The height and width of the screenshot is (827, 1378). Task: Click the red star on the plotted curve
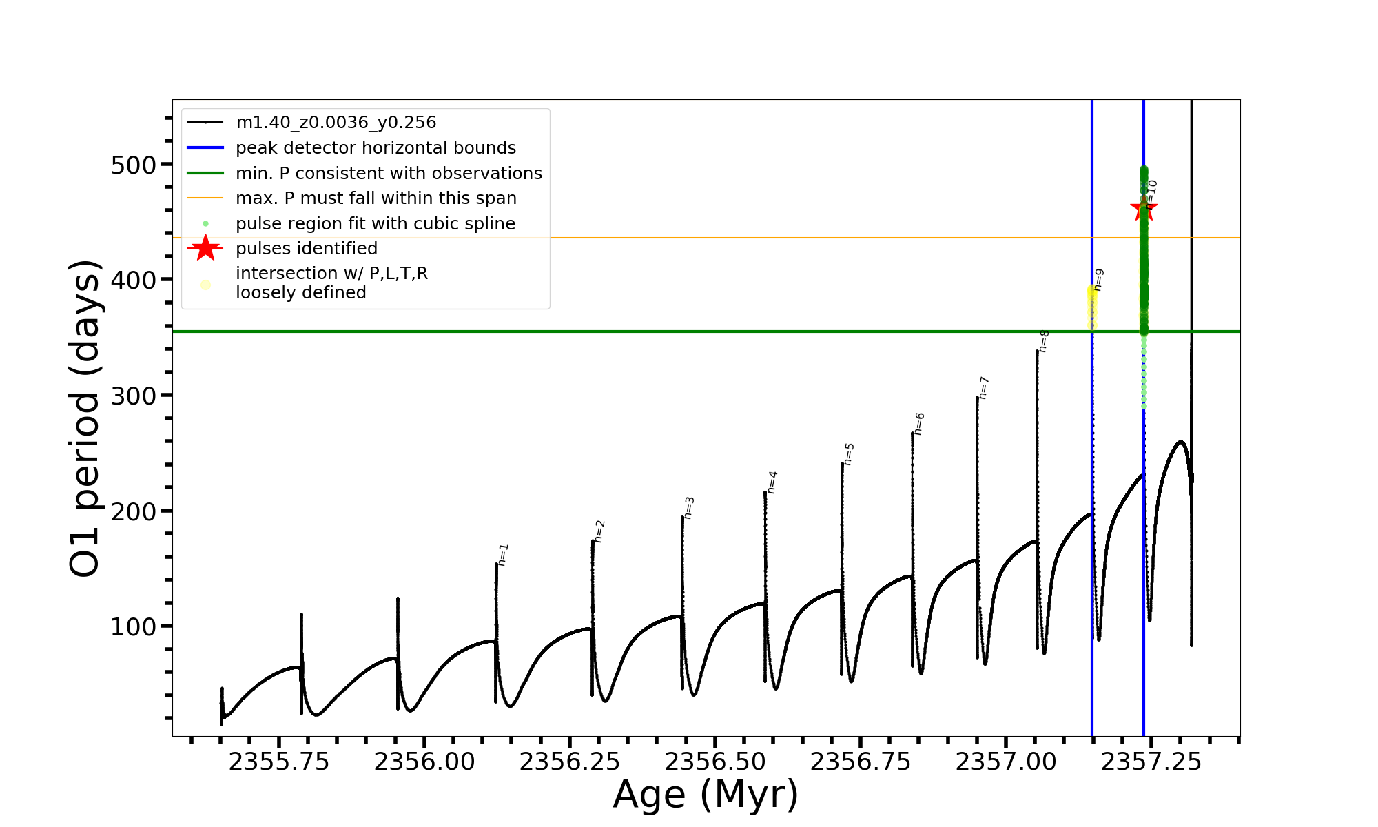click(1144, 209)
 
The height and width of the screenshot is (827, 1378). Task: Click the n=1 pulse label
click(503, 555)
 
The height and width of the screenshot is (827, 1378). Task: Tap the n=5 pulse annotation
click(850, 454)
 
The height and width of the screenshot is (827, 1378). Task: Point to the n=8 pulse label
click(1044, 341)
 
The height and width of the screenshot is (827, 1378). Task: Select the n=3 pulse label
click(689, 508)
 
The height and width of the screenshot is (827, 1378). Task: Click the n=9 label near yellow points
click(1099, 280)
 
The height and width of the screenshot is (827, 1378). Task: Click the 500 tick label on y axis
click(134, 165)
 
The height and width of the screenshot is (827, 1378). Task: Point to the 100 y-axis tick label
click(134, 627)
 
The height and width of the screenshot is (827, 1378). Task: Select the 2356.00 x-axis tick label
click(424, 762)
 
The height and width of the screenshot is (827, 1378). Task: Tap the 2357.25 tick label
click(1151, 762)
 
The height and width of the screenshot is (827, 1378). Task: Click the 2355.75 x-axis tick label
click(279, 762)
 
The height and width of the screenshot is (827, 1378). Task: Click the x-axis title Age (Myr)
click(706, 795)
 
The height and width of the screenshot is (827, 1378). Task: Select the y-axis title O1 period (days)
click(85, 418)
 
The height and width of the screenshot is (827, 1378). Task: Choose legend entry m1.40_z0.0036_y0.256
click(336, 123)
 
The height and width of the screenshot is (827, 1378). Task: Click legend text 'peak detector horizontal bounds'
click(376, 148)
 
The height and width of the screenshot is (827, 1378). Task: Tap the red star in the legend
click(205, 248)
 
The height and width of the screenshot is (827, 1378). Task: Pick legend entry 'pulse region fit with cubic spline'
click(376, 224)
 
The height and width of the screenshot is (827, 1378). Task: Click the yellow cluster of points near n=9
click(1092, 303)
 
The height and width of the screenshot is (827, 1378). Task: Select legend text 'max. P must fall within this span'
click(376, 198)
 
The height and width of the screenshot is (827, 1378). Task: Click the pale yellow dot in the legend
click(205, 285)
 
